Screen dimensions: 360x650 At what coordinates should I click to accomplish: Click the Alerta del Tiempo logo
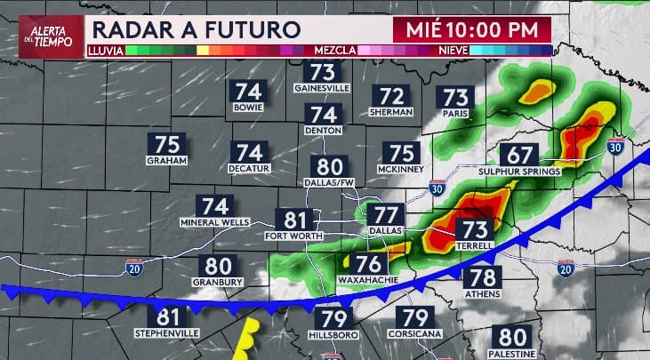[x=41, y=36]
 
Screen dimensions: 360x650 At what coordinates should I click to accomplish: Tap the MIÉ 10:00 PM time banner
[x=471, y=28]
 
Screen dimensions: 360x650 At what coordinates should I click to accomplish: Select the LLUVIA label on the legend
[x=106, y=51]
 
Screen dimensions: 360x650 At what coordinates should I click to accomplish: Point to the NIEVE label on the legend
[x=453, y=51]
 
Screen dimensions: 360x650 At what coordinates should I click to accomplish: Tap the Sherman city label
[x=391, y=113]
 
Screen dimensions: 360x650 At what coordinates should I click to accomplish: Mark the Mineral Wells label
[x=210, y=221]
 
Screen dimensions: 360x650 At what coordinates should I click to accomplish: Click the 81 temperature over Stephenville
[x=167, y=317]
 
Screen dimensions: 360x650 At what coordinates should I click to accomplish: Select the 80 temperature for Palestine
[x=513, y=337]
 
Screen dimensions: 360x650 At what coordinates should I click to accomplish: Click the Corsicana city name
[x=415, y=333]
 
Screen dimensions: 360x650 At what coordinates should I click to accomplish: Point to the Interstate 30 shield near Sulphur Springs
[x=614, y=147]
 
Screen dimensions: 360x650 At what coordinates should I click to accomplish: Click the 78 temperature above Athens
[x=483, y=277]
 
